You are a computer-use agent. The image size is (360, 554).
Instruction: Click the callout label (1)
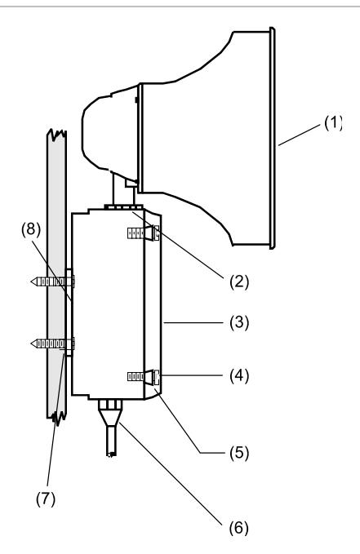[333, 123]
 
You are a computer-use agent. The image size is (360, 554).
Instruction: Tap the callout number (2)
[239, 282]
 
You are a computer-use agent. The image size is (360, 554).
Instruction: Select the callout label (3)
[239, 322]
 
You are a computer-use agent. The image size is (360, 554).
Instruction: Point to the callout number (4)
[239, 375]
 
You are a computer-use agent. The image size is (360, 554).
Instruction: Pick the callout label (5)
[239, 453]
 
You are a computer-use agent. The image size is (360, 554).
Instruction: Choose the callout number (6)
[239, 528]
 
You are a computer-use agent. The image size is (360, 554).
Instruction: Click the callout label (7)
[46, 499]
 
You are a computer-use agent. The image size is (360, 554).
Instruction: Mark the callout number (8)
[31, 229]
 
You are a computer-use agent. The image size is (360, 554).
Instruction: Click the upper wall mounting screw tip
[32, 281]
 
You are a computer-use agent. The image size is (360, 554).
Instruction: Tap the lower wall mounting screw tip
[32, 343]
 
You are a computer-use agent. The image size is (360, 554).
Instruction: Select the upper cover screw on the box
[143, 233]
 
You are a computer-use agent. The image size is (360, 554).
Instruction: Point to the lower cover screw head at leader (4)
[157, 377]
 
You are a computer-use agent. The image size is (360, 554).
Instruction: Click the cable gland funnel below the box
[110, 413]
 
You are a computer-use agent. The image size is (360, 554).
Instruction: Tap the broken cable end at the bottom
[111, 454]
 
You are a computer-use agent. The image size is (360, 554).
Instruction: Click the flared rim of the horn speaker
[273, 138]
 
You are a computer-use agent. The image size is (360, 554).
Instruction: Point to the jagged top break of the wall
[56, 135]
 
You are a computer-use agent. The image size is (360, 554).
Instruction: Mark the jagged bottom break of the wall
[56, 417]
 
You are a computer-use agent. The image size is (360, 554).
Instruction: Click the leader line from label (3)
[193, 322]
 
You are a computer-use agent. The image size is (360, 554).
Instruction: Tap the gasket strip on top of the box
[124, 206]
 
